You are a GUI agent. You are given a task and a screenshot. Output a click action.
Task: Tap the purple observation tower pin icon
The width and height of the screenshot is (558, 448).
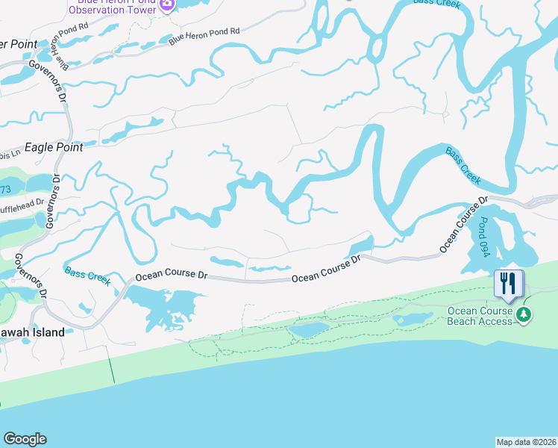[x=166, y=5]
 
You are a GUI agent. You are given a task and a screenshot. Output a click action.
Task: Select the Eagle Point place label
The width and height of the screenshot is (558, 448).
[x=54, y=148]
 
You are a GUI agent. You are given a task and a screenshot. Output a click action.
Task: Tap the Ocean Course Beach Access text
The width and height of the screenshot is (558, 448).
[x=480, y=316]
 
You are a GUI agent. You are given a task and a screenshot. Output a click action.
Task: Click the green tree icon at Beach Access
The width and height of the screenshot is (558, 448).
[x=525, y=316]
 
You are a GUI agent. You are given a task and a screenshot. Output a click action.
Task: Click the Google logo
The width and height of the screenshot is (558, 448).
[x=25, y=439]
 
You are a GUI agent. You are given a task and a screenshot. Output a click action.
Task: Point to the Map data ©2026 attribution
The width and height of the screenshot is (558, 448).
[x=527, y=442]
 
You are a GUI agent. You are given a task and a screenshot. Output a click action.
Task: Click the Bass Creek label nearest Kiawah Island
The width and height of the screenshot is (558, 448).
[x=88, y=276]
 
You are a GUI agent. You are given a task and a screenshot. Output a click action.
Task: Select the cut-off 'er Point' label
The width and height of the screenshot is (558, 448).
[x=18, y=45]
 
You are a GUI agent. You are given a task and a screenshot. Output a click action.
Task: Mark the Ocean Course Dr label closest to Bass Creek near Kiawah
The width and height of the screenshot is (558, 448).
[x=170, y=276]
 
